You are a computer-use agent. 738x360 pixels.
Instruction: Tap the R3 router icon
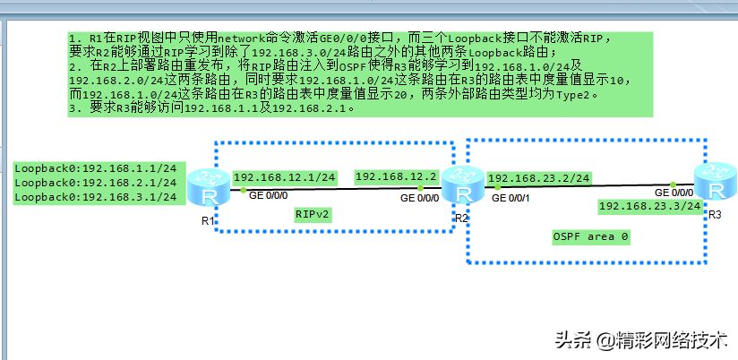715,184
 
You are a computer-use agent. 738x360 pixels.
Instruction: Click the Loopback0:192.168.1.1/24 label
96,168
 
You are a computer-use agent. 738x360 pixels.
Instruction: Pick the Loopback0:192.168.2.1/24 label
96,182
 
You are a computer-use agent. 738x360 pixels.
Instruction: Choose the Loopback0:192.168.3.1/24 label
96,196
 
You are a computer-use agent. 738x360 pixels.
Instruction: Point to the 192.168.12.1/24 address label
285,177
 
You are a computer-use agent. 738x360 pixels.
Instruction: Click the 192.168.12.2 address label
396,177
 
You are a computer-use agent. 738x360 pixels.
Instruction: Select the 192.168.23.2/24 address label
539,178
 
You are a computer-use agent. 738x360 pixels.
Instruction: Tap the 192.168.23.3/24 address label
649,207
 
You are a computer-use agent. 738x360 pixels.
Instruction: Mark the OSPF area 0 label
591,236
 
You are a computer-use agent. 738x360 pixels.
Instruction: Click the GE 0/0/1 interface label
512,197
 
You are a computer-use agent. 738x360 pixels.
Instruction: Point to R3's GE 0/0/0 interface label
674,193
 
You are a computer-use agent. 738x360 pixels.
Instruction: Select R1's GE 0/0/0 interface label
266,194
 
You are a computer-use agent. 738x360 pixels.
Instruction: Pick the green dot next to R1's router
243,189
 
